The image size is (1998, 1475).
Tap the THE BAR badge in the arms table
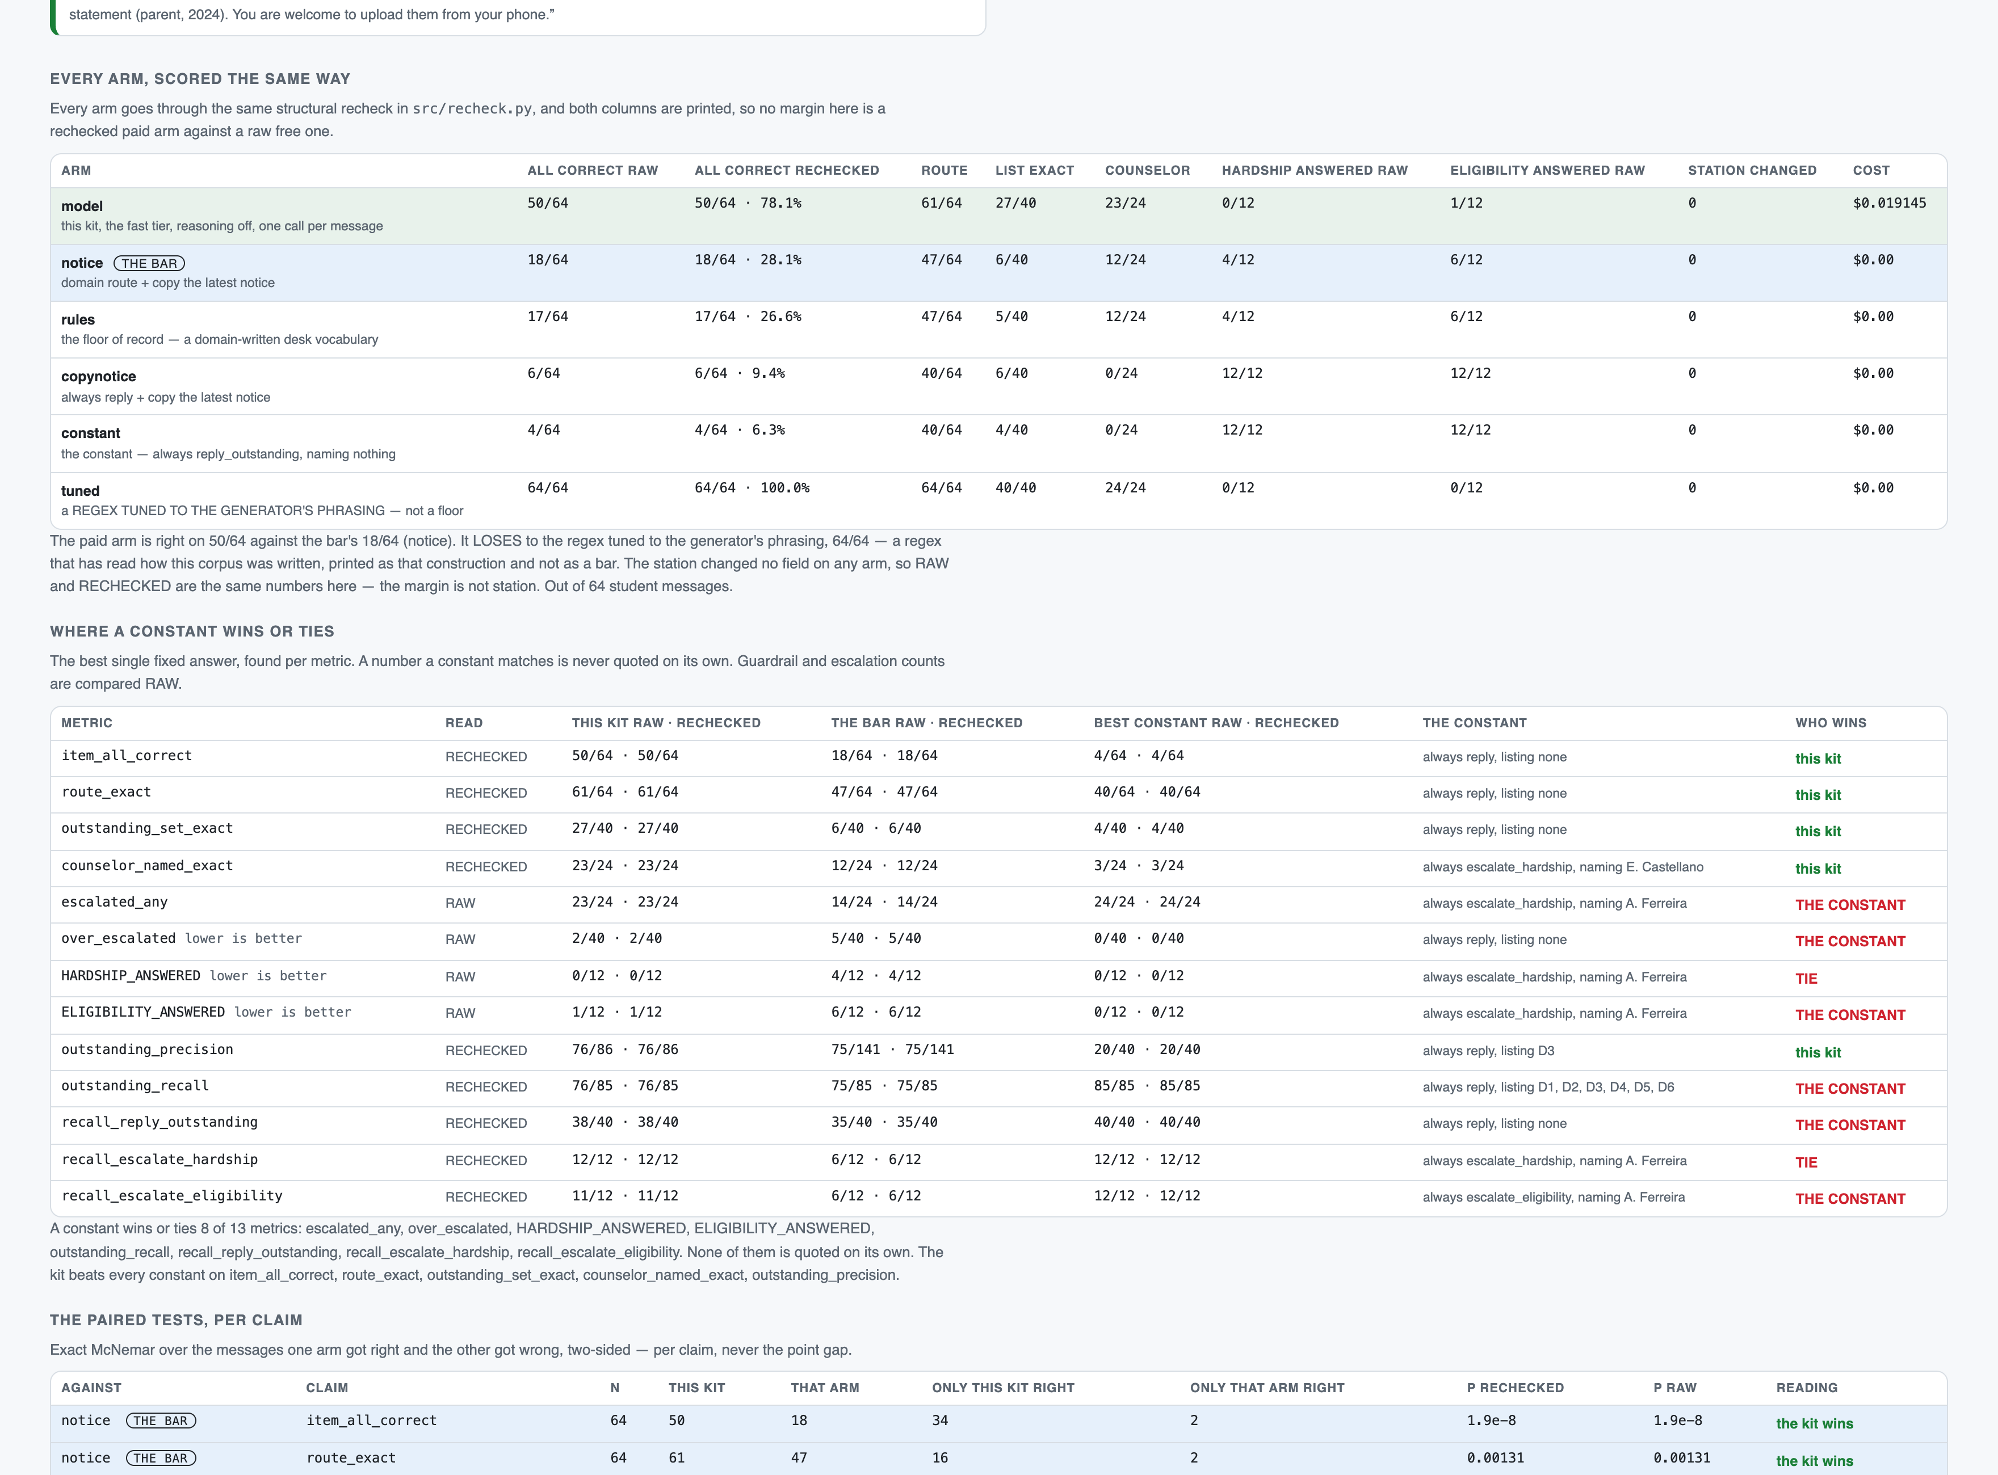(149, 263)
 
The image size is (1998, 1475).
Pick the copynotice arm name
(98, 377)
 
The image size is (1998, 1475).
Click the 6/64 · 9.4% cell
(740, 374)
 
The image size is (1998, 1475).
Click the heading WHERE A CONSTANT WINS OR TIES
(192, 631)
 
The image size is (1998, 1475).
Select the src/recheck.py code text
(472, 109)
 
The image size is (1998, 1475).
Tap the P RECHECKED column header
(1515, 1388)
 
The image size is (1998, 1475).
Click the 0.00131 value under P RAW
(1681, 1458)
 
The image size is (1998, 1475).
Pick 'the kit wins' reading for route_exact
(1814, 1461)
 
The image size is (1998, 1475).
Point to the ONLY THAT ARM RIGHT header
(1266, 1388)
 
